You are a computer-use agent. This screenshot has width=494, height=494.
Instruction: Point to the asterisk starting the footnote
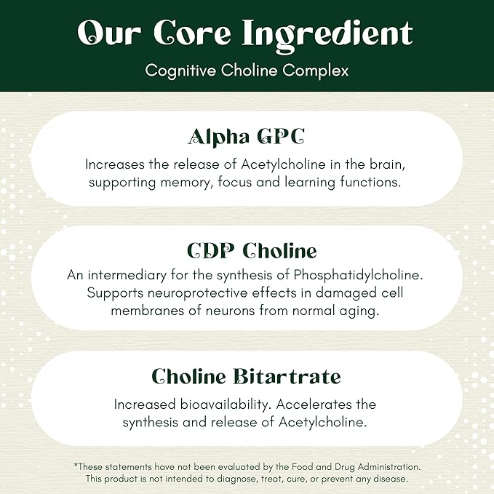75,466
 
